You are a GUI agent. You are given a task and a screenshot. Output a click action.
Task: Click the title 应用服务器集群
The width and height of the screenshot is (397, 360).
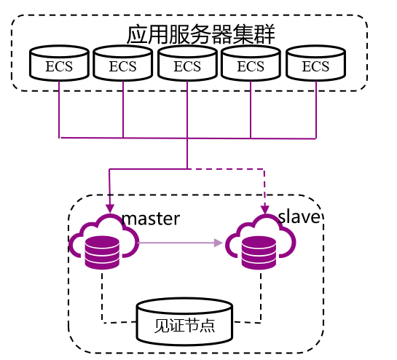[x=200, y=34]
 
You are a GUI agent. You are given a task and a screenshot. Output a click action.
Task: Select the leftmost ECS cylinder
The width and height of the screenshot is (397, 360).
[x=59, y=63]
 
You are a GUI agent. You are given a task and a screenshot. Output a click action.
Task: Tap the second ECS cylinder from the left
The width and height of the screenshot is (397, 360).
[x=123, y=63]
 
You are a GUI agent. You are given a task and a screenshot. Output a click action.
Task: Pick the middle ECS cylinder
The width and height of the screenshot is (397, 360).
[x=187, y=63]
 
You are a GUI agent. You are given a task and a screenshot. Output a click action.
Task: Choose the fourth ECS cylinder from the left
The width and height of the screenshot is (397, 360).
[x=251, y=63]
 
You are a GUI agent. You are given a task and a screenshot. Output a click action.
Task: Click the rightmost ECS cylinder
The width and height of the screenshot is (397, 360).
[x=315, y=63]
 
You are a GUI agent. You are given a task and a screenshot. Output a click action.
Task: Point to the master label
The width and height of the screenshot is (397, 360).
[x=151, y=219]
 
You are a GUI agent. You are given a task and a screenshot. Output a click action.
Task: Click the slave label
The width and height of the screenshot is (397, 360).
[x=299, y=216]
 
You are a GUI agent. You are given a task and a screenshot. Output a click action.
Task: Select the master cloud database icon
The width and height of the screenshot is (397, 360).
[x=104, y=241]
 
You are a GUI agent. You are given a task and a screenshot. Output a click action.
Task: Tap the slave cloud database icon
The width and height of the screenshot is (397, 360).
[x=261, y=241]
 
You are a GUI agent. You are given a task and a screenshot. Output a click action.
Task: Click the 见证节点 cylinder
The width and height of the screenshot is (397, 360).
[x=184, y=322]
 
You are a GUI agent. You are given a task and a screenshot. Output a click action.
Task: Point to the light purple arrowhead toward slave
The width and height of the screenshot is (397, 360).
[x=218, y=243]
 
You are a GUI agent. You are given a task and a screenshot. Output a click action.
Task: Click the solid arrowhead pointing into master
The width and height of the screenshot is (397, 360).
[x=110, y=208]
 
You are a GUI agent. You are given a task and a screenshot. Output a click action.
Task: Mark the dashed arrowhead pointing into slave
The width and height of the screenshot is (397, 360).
[x=265, y=210]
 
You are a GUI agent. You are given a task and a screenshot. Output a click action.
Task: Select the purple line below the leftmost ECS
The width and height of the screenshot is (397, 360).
[x=59, y=109]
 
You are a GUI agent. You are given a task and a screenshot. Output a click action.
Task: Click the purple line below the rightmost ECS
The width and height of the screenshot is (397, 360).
[x=316, y=110]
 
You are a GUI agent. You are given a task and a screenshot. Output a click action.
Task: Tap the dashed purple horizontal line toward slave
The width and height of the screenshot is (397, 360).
[x=226, y=169]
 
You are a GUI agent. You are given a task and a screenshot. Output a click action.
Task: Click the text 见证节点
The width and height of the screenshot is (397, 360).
[x=184, y=325]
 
